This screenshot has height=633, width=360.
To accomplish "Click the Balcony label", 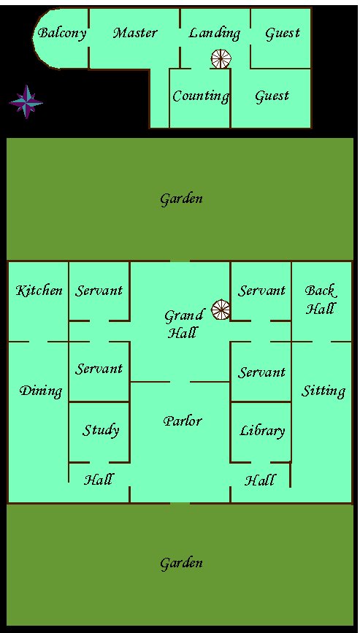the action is (x=62, y=34).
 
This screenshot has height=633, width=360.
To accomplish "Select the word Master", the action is (x=135, y=33).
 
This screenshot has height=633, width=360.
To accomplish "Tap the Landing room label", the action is (x=214, y=34).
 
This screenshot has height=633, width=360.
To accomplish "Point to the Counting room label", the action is (x=201, y=96).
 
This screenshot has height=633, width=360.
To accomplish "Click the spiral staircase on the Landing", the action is (x=221, y=59).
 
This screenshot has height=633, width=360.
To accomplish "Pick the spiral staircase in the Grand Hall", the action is (x=221, y=310).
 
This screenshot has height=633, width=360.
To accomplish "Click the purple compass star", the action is (x=26, y=101).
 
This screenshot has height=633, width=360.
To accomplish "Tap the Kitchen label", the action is (x=39, y=291).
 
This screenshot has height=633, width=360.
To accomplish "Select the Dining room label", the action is (x=41, y=391).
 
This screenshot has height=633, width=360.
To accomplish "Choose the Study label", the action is (x=101, y=430).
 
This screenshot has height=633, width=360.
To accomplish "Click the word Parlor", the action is (x=182, y=421).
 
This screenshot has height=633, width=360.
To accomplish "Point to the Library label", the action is (x=262, y=431).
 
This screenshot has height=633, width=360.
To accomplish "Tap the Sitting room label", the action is (x=323, y=391).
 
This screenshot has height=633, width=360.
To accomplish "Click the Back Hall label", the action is (x=321, y=299).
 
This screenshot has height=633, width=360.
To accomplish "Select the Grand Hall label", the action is (x=183, y=324).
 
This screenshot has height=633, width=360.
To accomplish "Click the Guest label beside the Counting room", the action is (x=272, y=96).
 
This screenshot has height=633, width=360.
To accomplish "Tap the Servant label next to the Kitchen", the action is (x=99, y=291).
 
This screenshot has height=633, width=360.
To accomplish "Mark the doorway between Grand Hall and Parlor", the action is (x=180, y=382).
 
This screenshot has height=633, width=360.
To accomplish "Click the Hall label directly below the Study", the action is (x=98, y=480).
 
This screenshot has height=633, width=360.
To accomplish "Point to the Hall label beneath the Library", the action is (x=260, y=480).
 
